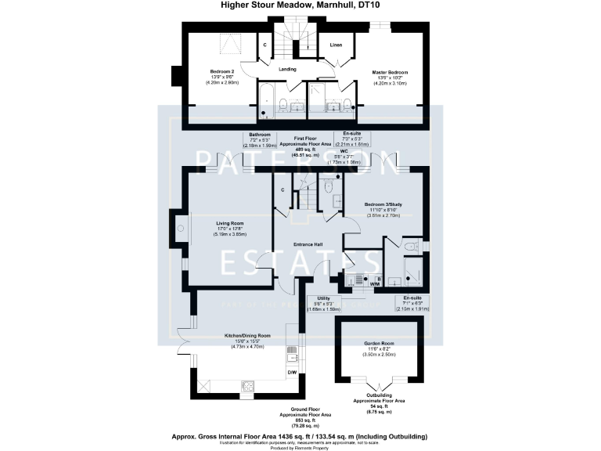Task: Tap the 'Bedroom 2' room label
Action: click(x=217, y=71)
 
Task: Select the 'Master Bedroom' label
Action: click(x=389, y=71)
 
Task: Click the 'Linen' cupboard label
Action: click(x=336, y=45)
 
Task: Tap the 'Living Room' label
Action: click(x=231, y=223)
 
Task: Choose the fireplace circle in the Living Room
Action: click(x=180, y=228)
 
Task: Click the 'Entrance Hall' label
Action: click(x=309, y=245)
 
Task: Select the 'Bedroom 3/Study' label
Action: click(x=383, y=205)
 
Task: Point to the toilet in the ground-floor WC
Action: click(x=327, y=187)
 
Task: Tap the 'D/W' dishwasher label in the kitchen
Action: click(x=291, y=373)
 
